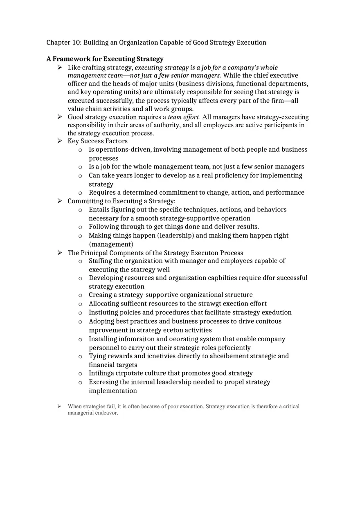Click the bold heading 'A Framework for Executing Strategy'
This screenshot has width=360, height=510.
(105, 59)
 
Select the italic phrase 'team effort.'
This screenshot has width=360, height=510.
(184, 117)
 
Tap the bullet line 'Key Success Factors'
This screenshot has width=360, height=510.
(97, 141)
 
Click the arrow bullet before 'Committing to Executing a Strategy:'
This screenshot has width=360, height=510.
(60, 201)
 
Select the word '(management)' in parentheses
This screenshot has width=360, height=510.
(111, 244)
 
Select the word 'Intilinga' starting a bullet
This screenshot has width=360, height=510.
(101, 373)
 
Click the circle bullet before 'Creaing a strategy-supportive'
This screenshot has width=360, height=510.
(80, 295)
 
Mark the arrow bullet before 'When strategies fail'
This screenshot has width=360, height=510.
(60, 406)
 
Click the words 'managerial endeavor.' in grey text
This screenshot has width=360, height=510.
(93, 413)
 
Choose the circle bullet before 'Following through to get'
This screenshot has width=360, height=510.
(80, 227)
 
